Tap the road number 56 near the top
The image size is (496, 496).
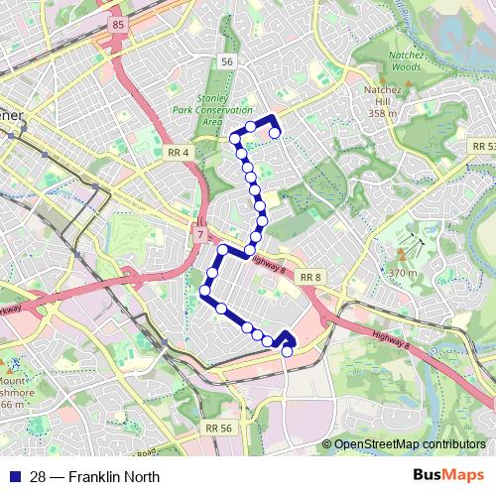[228, 62]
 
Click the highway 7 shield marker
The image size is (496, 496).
[199, 234]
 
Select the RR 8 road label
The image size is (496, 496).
[311, 277]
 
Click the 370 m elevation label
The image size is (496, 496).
[402, 272]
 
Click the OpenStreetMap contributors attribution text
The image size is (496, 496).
[409, 444]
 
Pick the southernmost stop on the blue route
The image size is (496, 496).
[287, 351]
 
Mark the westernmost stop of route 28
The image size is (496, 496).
[205, 290]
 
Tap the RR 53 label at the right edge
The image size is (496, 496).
[483, 146]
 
